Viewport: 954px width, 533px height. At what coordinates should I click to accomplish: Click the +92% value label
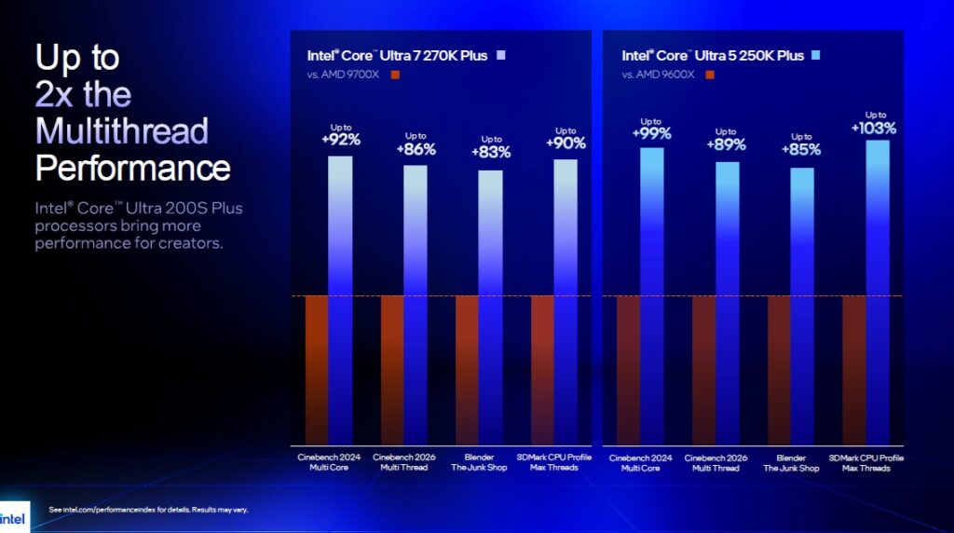[x=341, y=141]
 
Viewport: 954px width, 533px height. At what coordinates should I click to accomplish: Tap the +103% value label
[x=874, y=128]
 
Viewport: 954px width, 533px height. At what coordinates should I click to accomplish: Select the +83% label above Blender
[x=490, y=152]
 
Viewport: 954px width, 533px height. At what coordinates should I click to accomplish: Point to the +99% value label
[x=651, y=133]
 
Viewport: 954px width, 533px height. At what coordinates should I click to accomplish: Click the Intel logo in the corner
[x=14, y=517]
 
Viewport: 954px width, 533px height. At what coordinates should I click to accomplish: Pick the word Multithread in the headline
[x=121, y=130]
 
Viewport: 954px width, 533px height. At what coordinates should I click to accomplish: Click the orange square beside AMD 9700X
[x=395, y=75]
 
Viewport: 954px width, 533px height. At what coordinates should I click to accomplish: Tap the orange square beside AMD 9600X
[x=711, y=75]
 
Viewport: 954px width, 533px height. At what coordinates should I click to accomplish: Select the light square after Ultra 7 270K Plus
[x=501, y=55]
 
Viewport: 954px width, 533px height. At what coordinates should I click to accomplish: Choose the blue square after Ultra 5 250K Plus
[x=815, y=55]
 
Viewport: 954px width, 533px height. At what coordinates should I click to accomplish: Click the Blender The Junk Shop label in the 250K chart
[x=791, y=462]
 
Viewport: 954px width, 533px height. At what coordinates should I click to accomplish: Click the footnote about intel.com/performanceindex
[x=148, y=510]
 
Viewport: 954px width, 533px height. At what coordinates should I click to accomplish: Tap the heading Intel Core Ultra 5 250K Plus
[x=713, y=56]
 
